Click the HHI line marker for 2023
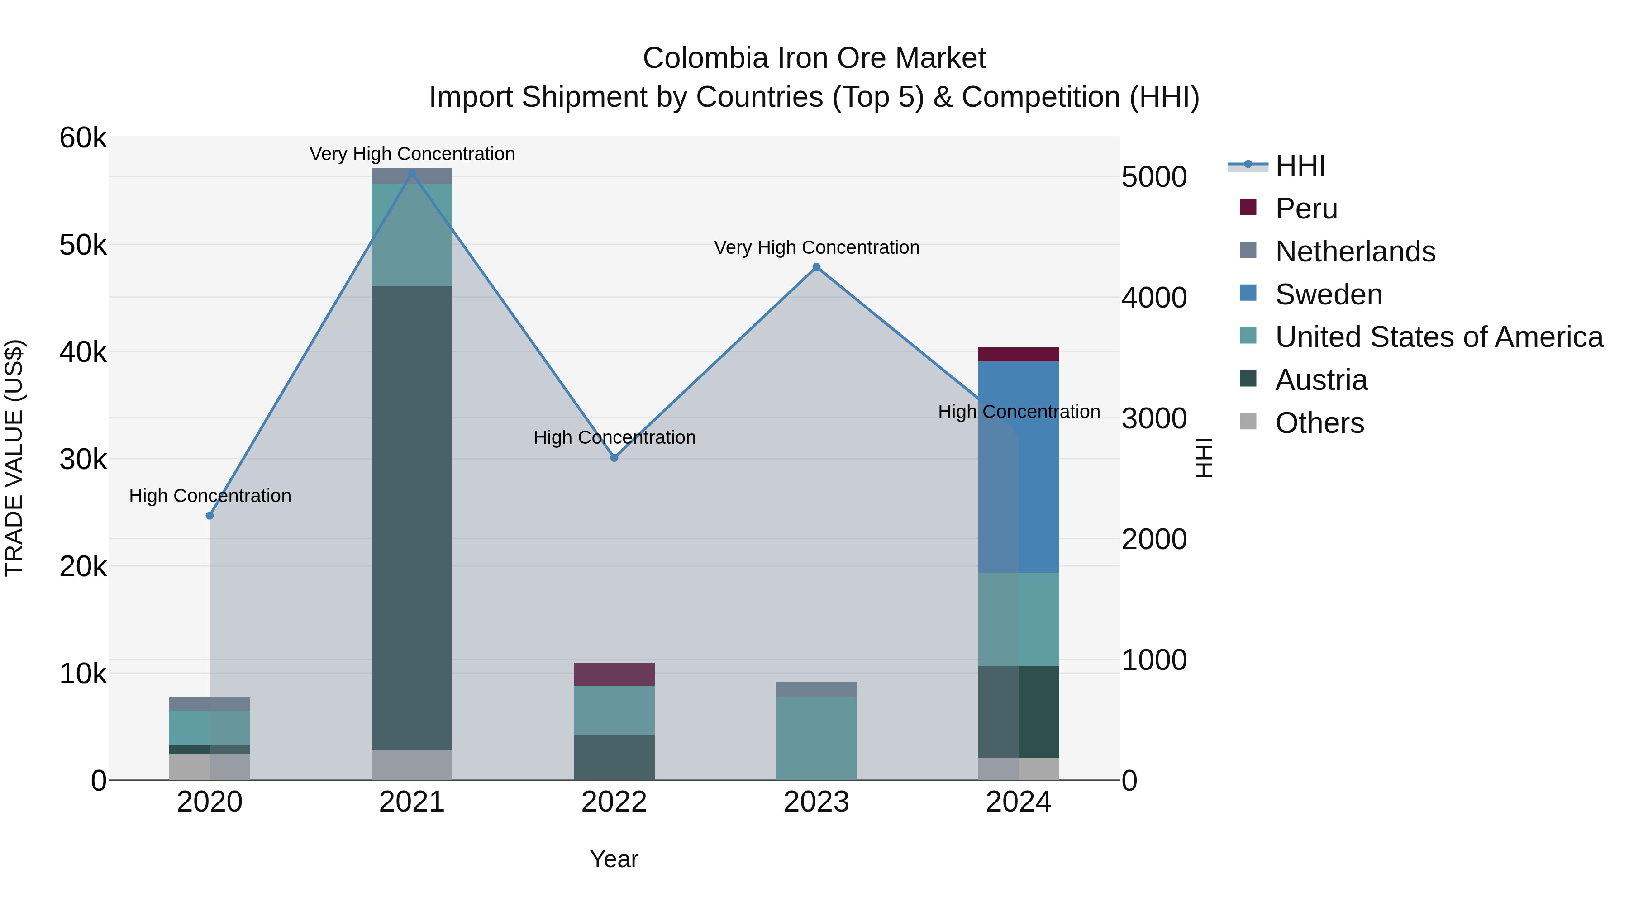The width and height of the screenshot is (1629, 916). [x=816, y=267]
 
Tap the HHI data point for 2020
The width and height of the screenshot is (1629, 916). [x=210, y=516]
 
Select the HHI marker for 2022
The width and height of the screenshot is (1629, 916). [x=614, y=458]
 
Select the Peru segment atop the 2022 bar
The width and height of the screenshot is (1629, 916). [x=614, y=674]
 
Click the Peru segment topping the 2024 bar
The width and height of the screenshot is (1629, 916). [x=1018, y=355]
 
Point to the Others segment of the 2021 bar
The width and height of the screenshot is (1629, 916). [x=412, y=764]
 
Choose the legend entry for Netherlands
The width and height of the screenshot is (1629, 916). [x=1354, y=252]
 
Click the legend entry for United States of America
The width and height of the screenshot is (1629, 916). [x=1438, y=337]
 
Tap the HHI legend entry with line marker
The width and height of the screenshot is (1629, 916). [x=1300, y=166]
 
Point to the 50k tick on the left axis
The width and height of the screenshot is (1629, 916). [x=83, y=245]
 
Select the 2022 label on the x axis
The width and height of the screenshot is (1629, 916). [x=614, y=802]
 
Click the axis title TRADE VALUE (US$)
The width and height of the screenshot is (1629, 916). [x=14, y=458]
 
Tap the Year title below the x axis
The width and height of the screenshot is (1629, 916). [x=614, y=859]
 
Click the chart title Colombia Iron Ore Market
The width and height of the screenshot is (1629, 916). [x=814, y=58]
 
